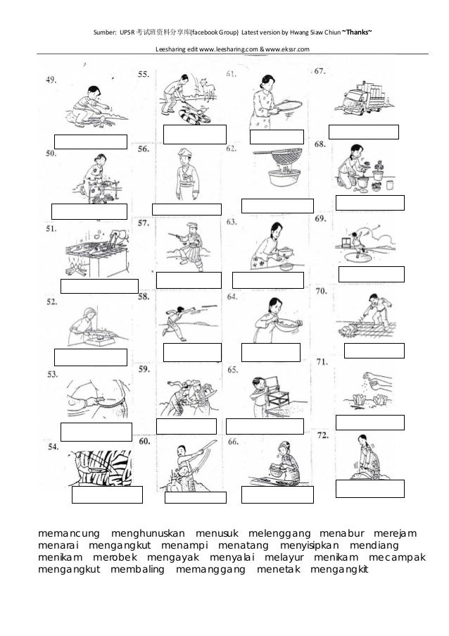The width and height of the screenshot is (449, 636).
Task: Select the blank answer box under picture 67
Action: click(363, 132)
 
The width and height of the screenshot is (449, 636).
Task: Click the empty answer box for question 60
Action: click(195, 497)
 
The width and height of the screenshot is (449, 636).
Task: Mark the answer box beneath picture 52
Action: click(90, 357)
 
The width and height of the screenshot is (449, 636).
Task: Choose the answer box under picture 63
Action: click(267, 280)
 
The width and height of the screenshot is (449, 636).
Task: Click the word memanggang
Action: click(211, 571)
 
